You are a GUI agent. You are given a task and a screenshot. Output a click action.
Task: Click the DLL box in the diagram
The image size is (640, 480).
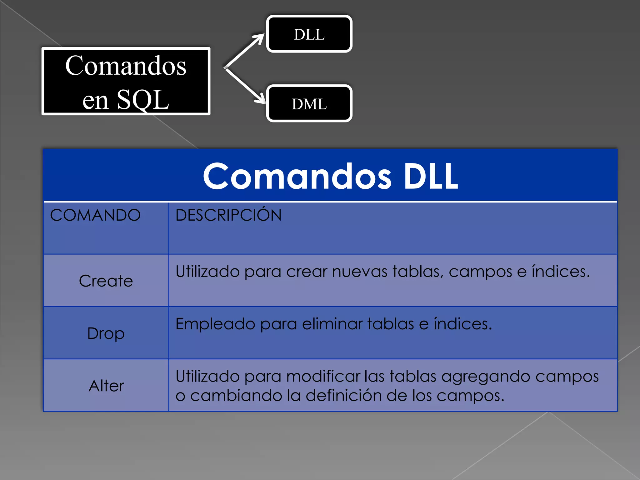(x=309, y=34)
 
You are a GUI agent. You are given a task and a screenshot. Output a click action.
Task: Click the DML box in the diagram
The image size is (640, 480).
(x=309, y=104)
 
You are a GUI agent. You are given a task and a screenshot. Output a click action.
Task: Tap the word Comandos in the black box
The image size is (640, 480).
(x=126, y=66)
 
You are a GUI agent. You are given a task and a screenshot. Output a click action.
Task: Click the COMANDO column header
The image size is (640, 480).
(x=95, y=215)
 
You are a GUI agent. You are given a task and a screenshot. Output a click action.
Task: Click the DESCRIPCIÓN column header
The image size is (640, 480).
(x=228, y=215)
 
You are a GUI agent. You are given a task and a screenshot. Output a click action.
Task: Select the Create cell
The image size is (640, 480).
(x=106, y=281)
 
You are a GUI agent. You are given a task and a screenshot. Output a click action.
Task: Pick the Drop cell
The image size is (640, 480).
(x=106, y=333)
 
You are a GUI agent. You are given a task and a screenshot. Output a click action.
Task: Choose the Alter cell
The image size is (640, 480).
(x=106, y=386)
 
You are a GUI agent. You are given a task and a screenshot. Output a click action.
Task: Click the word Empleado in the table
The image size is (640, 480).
(x=215, y=324)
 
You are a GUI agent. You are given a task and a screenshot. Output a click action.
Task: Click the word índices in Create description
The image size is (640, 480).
(x=560, y=271)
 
